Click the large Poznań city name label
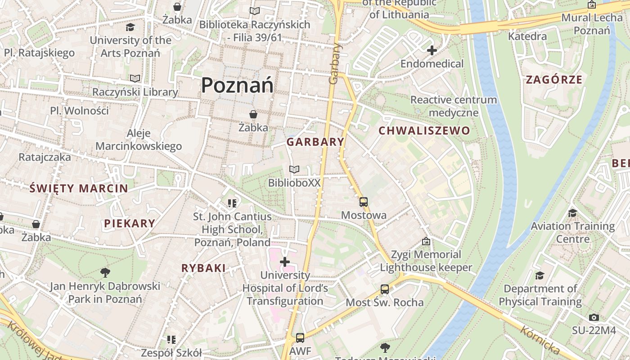click(237, 85)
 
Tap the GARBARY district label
click(315, 142)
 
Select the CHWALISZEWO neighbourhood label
click(424, 131)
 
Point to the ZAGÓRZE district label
click(554, 80)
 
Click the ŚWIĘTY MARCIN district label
click(79, 189)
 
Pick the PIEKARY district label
click(130, 223)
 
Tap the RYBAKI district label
click(203, 268)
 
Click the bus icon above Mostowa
click(364, 202)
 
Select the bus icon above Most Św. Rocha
click(385, 289)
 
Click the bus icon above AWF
click(300, 338)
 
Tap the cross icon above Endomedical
click(432, 50)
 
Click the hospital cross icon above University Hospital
click(285, 262)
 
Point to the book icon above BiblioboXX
click(294, 170)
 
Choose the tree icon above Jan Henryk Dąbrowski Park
click(105, 272)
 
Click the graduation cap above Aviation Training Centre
click(572, 213)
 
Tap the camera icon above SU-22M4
click(594, 317)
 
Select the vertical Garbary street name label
click(334, 63)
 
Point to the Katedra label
click(527, 36)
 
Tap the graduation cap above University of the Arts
click(130, 27)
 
